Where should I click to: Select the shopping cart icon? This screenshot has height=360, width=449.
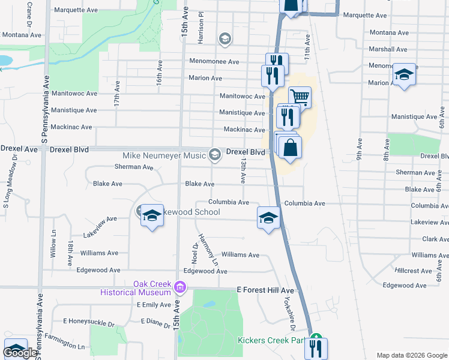tap(300, 96)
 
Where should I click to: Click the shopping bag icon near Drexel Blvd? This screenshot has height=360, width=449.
tap(290, 148)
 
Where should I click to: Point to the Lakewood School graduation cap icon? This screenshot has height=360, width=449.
tap(152, 215)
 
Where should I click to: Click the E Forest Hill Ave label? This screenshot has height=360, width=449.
tap(265, 290)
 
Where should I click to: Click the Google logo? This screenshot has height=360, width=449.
tap(20, 353)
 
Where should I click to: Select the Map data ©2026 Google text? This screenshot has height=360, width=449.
tap(411, 355)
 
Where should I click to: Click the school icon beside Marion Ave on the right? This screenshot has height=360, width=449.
tap(404, 75)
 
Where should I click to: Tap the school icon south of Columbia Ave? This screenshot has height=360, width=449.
tap(268, 217)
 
